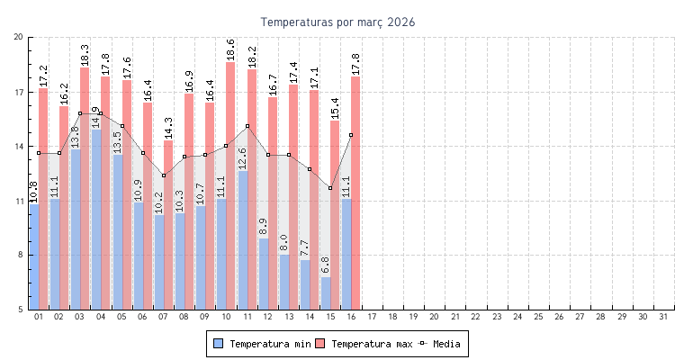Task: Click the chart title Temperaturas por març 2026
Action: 337,22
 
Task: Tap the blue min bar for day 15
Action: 326,293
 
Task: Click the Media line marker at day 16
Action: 351,135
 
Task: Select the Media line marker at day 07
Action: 164,175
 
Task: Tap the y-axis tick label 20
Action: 19,37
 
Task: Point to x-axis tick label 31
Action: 663,317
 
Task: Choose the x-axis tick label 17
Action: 372,317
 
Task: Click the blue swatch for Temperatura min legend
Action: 218,343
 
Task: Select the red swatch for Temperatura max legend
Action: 319,343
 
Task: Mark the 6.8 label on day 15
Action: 326,265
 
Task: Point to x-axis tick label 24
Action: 517,317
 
